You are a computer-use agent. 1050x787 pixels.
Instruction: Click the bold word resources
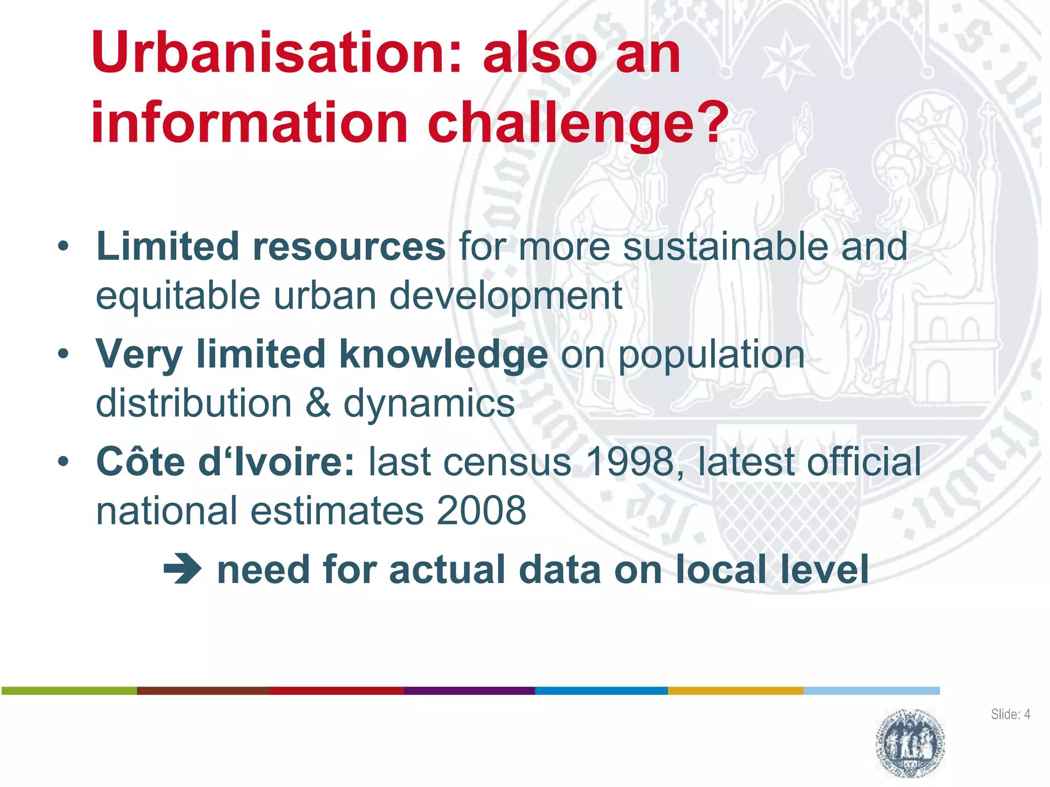[349, 247]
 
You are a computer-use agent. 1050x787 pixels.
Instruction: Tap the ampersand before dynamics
[318, 404]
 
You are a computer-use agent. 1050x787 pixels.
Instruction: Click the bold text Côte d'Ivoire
[225, 462]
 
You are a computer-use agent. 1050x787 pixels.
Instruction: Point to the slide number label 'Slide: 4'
[1010, 714]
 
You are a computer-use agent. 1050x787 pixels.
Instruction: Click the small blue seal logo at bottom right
[910, 743]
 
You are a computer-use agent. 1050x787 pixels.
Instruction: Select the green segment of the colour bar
[69, 691]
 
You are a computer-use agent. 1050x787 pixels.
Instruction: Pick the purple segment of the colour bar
[469, 691]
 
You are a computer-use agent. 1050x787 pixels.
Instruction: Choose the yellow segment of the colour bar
[735, 691]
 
